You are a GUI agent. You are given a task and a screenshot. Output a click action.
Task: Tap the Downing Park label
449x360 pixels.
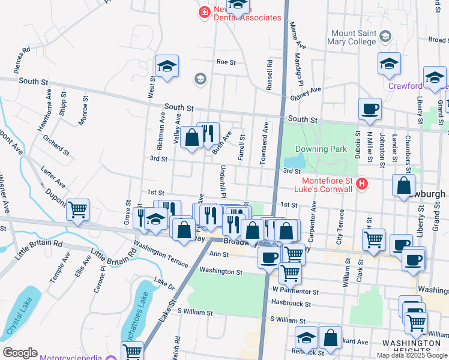(x=322, y=148)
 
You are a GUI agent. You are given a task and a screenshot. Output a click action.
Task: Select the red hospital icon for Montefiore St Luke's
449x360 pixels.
(x=361, y=184)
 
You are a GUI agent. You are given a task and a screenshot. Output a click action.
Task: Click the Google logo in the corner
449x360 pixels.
(x=20, y=353)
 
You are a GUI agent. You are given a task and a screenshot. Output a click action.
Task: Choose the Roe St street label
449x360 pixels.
(x=226, y=62)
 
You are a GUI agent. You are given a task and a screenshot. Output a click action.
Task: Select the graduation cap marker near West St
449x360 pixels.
(x=167, y=66)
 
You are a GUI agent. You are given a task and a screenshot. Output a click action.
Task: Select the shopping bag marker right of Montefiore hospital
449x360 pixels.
(x=403, y=185)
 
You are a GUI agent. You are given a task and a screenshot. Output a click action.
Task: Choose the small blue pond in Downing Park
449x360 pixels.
(x=294, y=161)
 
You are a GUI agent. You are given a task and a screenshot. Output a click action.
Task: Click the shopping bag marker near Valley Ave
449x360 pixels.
(x=191, y=139)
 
